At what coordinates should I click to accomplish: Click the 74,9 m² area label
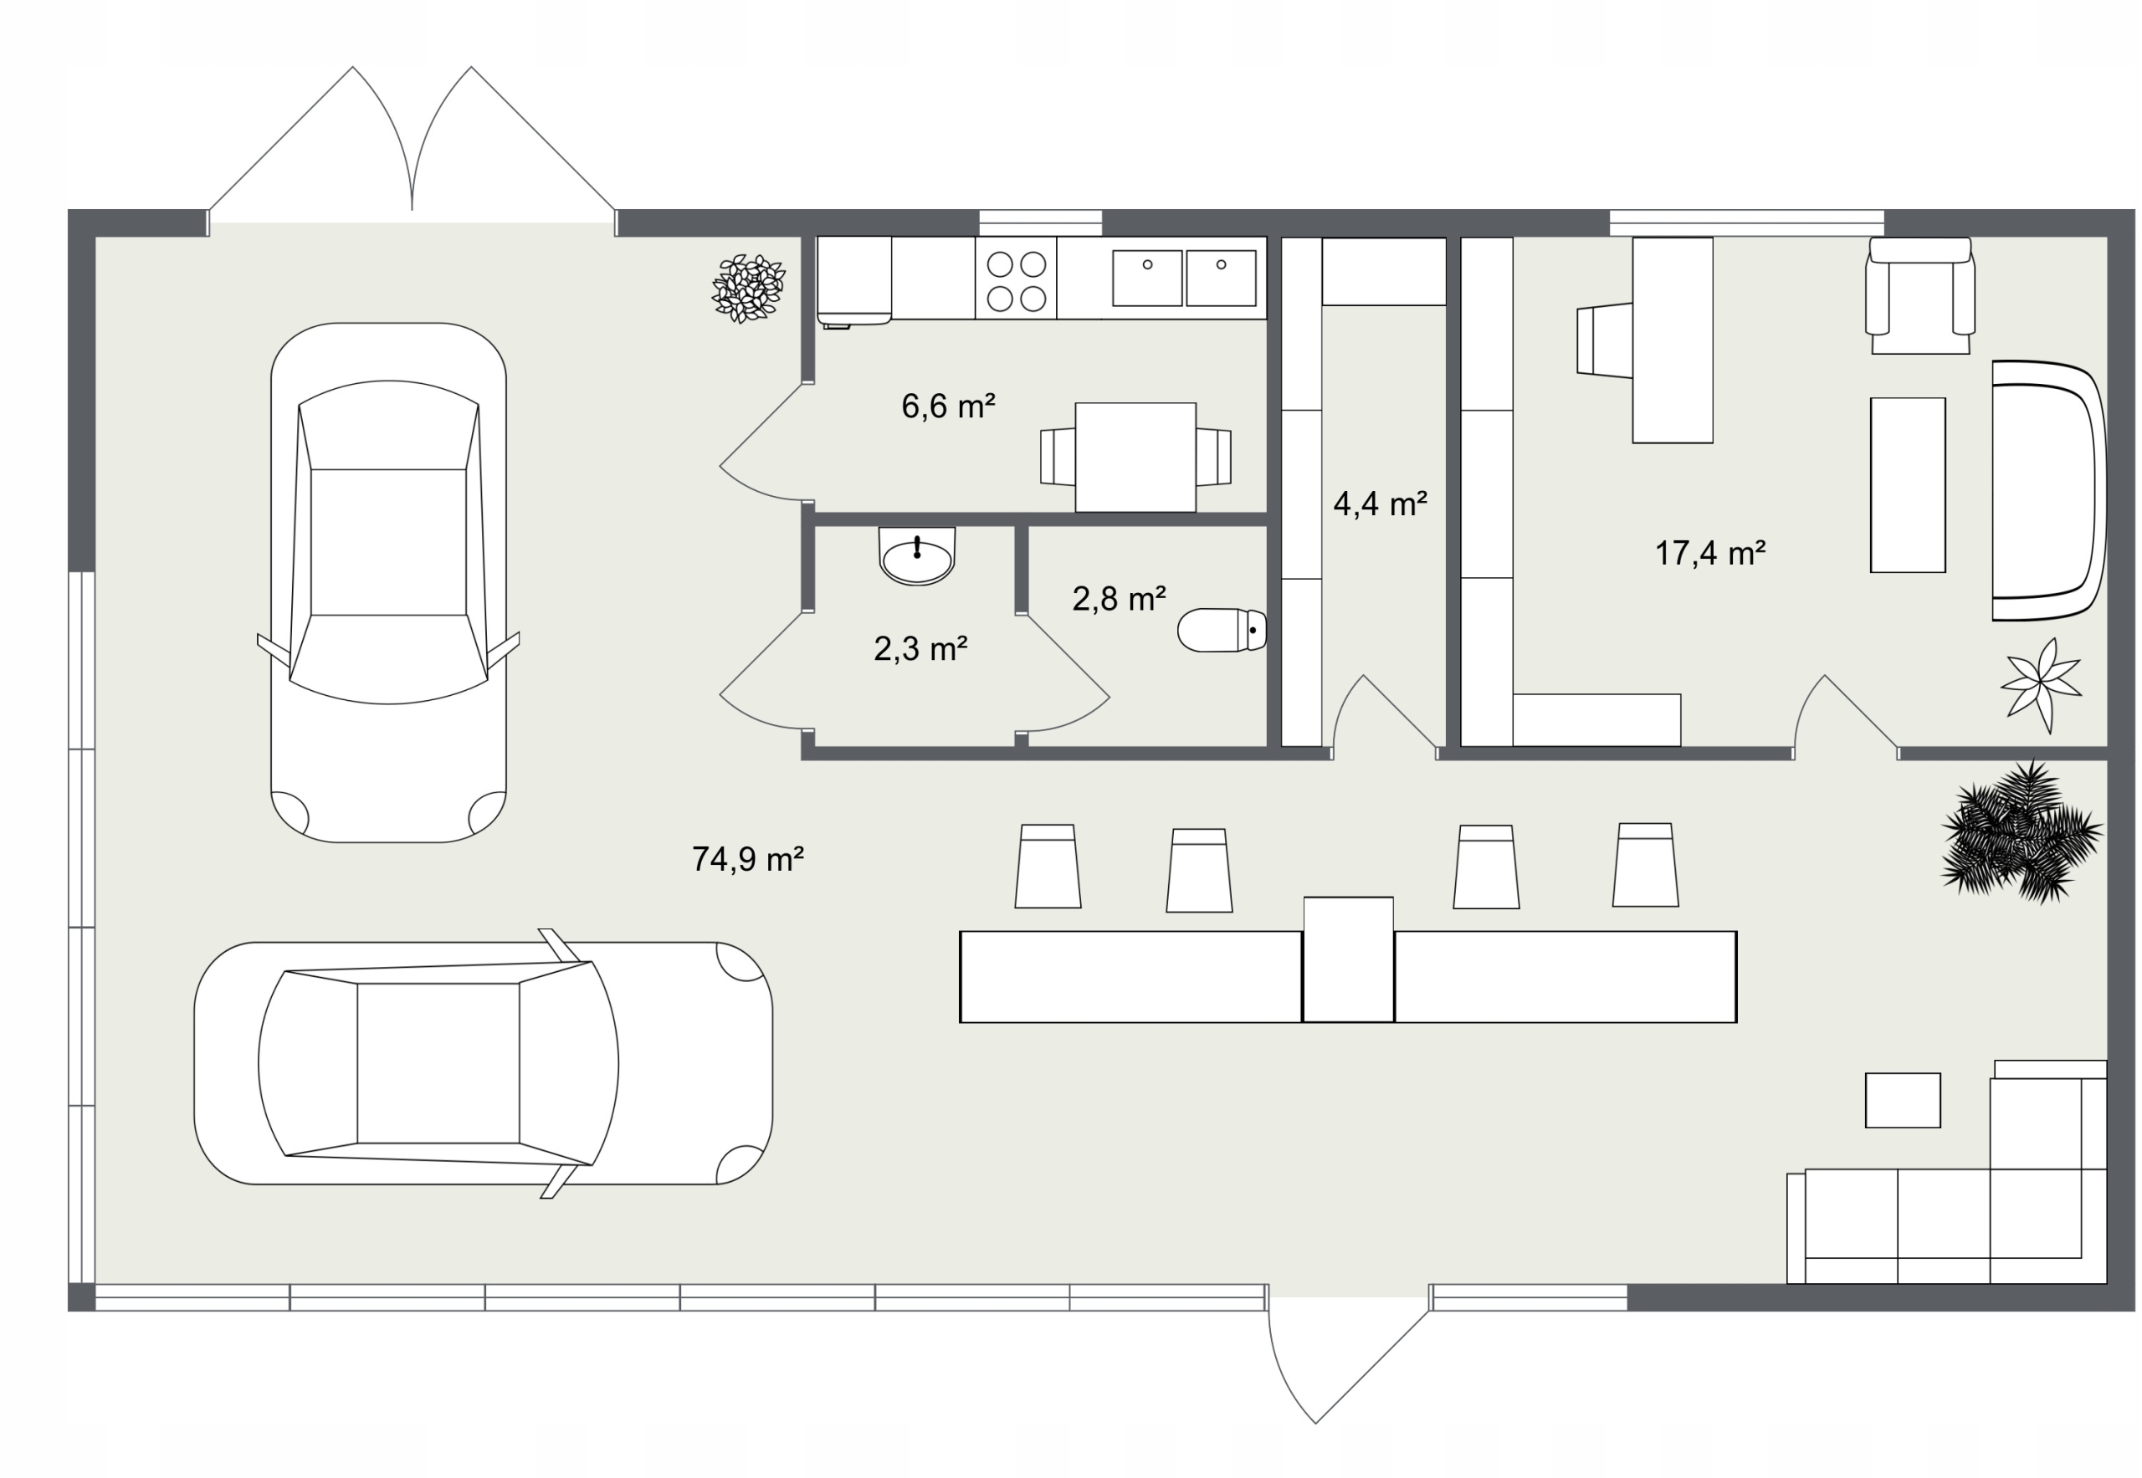(748, 859)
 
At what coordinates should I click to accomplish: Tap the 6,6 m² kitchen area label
(948, 406)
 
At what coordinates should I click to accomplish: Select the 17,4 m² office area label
(1710, 553)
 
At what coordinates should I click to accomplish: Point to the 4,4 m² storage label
(1380, 504)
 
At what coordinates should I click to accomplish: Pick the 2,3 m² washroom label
(920, 648)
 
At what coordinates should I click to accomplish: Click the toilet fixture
(1222, 631)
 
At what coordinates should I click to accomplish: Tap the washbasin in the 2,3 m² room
(916, 556)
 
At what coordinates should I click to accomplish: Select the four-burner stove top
(1016, 279)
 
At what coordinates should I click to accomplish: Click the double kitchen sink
(1184, 277)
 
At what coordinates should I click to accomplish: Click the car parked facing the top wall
(388, 582)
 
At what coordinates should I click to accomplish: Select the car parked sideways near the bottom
(483, 1063)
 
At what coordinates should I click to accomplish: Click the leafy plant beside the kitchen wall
(749, 288)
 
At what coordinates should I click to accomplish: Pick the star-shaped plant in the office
(2042, 685)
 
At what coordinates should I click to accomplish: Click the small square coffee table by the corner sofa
(1902, 1100)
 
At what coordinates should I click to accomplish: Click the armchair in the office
(1919, 295)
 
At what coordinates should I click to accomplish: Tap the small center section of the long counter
(1348, 959)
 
